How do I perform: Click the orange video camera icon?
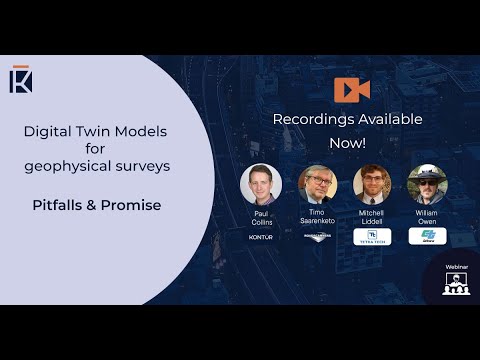point(352,89)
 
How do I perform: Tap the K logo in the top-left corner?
point(21,79)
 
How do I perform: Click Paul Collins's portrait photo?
point(261,184)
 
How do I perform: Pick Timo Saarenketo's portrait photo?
point(317,184)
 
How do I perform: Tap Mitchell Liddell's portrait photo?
point(372,184)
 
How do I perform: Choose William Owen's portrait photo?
point(427,184)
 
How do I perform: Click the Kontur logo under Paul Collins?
point(261,238)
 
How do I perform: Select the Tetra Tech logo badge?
point(372,237)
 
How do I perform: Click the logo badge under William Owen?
point(427,236)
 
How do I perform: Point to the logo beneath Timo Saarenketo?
point(317,238)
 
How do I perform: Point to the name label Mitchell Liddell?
point(372,218)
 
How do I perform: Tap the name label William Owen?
point(427,218)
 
